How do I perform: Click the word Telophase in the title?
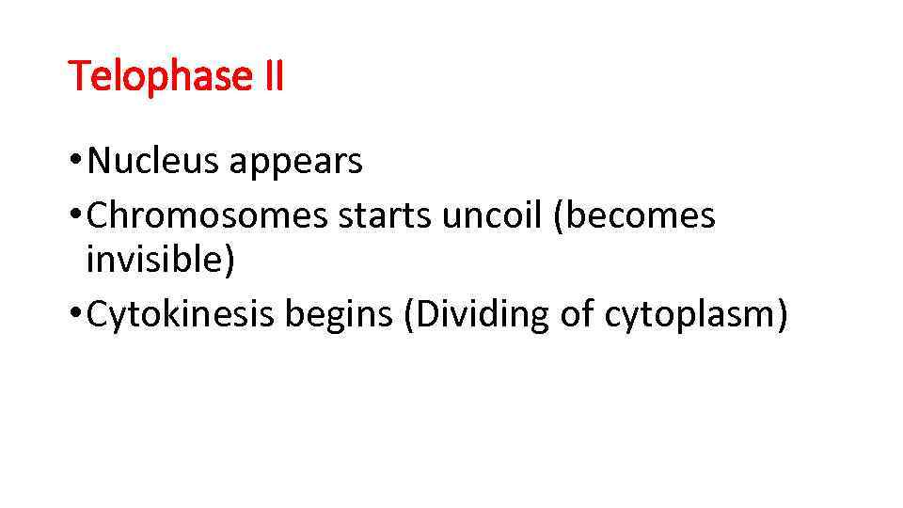156,76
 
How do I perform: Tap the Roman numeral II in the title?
268,75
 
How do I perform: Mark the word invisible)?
160,260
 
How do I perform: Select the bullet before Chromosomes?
74,215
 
